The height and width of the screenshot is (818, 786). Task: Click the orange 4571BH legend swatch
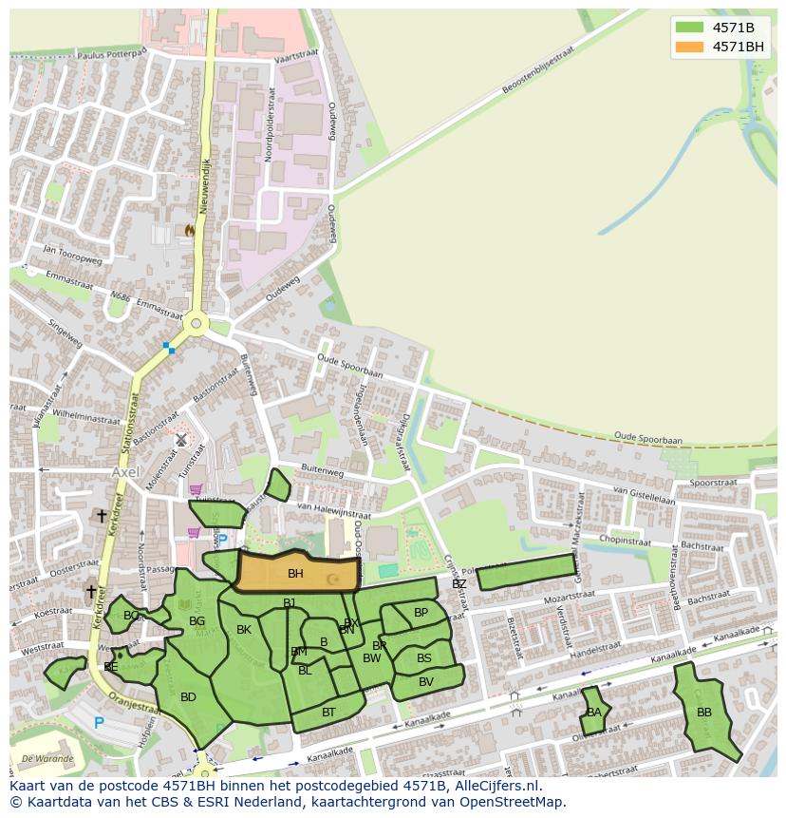(x=690, y=47)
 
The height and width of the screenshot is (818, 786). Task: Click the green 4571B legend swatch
(x=690, y=27)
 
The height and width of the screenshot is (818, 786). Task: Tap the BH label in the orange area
(x=295, y=574)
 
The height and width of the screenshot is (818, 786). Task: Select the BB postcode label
(x=704, y=712)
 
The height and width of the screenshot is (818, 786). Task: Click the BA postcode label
(x=594, y=712)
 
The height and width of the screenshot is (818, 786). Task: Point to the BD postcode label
(x=188, y=697)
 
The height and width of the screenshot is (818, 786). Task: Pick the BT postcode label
(x=328, y=712)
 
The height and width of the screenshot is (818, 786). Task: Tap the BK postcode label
(x=244, y=630)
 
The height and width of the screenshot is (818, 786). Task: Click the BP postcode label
(x=421, y=613)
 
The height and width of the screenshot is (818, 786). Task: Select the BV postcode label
(x=426, y=681)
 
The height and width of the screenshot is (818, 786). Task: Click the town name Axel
(x=124, y=471)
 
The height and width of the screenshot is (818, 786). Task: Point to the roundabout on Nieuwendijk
(x=196, y=324)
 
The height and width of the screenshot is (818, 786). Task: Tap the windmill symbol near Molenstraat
(x=180, y=440)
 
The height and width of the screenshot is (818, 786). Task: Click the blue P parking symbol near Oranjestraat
(x=99, y=723)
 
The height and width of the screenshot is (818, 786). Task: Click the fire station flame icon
(x=189, y=230)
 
